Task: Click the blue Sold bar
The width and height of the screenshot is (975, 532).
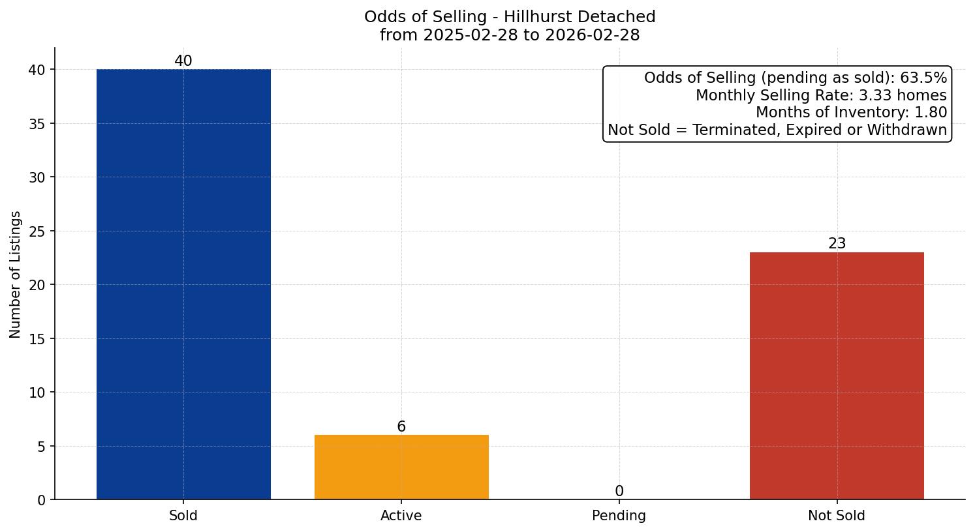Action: point(183,284)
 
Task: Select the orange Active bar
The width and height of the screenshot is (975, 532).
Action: point(401,467)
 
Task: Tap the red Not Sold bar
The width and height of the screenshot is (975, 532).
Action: point(837,376)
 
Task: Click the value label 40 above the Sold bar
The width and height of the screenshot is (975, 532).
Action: point(183,61)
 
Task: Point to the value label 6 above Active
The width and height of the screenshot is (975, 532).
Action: point(401,427)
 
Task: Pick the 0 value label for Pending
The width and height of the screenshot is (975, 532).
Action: point(619,492)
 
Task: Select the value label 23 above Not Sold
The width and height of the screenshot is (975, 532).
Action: point(837,244)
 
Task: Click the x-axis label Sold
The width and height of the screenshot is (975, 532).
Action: point(183,516)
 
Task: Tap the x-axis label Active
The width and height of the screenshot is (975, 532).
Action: point(401,516)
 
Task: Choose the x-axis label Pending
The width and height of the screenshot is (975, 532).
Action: point(619,516)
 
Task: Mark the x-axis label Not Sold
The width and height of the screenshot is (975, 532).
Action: point(837,516)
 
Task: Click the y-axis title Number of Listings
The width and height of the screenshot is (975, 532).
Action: point(16,274)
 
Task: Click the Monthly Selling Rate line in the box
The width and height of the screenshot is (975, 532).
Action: point(821,95)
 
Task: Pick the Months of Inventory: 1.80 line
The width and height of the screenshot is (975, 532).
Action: point(851,113)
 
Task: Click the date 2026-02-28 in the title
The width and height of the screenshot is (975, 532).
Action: point(593,35)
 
